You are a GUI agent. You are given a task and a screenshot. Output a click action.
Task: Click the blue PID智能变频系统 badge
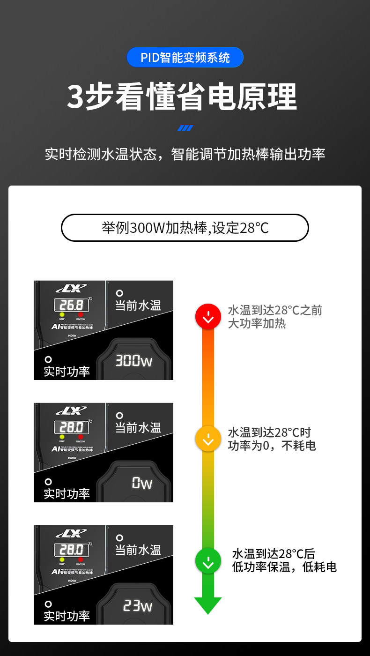tap(185, 58)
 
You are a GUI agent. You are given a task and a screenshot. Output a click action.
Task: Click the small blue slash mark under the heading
tap(185, 128)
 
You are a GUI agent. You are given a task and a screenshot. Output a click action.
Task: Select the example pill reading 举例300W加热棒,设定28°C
tap(185, 228)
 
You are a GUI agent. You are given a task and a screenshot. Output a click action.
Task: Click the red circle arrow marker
tap(208, 317)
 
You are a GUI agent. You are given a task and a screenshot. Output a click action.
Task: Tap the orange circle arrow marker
tap(208, 439)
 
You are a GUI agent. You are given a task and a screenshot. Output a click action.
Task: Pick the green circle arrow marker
tap(208, 561)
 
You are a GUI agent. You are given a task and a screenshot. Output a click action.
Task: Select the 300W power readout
tap(134, 361)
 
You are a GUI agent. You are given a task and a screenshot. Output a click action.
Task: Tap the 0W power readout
tap(142, 483)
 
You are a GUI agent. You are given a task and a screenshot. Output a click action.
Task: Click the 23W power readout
tap(137, 606)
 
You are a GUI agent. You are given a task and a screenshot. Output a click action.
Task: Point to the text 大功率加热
tap(257, 324)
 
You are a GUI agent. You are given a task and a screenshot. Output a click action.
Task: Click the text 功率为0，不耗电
tap(272, 446)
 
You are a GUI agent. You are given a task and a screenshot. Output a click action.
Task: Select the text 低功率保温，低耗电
tap(284, 567)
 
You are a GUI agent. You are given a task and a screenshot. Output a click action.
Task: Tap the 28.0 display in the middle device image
tap(71, 427)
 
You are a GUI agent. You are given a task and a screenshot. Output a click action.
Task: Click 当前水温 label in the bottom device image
tap(138, 550)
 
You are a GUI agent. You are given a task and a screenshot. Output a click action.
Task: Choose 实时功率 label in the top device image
tap(67, 372)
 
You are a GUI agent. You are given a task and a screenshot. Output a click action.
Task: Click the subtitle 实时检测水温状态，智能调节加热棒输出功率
tap(185, 155)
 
